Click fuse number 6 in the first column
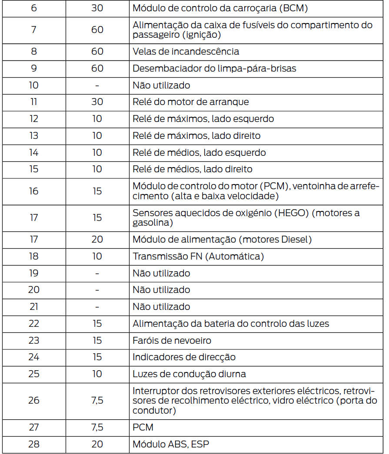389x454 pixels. (34, 8)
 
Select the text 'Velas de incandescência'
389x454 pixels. (186, 51)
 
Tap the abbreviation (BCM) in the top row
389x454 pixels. (293, 8)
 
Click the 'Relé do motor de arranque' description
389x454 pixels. (190, 102)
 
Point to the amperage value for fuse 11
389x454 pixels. (97, 102)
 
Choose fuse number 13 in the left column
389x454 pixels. (34, 136)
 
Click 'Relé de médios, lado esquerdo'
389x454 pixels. (199, 152)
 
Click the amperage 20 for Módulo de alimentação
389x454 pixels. (97, 239)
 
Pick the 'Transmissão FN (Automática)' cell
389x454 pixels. (198, 256)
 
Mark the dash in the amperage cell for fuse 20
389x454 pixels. (97, 290)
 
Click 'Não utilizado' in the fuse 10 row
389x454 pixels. (161, 85)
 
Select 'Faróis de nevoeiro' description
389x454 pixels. (172, 340)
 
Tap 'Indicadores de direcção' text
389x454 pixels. (184, 357)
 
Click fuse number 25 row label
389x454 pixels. (34, 374)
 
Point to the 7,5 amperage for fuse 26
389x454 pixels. (97, 400)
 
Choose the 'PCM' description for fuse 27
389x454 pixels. (143, 427)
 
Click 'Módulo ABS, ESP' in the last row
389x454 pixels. (173, 444)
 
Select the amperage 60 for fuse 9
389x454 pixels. (97, 68)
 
